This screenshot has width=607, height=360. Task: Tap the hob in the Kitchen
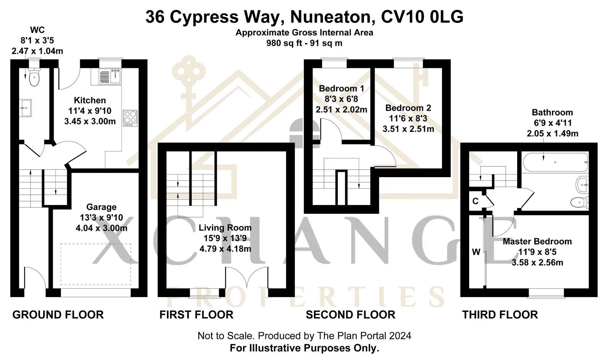(x=130, y=118)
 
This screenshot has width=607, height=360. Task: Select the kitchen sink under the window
(x=110, y=76)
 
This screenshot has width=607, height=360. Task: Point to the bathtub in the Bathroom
(x=555, y=162)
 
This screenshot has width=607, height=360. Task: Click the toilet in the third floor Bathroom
(x=579, y=202)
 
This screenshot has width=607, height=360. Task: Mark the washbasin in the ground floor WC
(x=25, y=108)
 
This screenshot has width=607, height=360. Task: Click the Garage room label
(x=101, y=207)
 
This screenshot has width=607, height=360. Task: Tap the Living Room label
(x=225, y=228)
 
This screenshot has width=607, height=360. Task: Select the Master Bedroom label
(x=537, y=241)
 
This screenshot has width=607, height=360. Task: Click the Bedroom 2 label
(x=408, y=108)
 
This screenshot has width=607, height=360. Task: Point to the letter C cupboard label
(x=475, y=201)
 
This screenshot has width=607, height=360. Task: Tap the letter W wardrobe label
(x=476, y=252)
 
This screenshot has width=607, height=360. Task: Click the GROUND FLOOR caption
(x=58, y=315)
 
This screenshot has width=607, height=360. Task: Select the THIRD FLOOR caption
(x=500, y=315)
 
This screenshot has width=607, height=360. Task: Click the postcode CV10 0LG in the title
(x=422, y=16)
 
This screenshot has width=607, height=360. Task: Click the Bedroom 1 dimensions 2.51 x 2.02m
(x=342, y=110)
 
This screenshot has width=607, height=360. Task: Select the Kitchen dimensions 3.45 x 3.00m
(x=90, y=121)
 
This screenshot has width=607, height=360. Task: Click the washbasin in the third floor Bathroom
(x=582, y=185)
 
